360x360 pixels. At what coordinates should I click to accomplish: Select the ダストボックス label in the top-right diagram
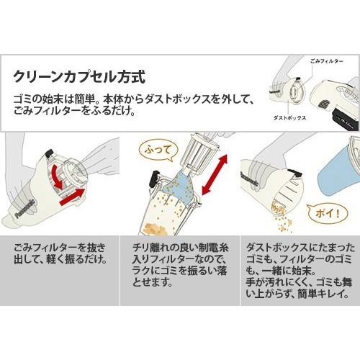(x=287, y=116)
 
